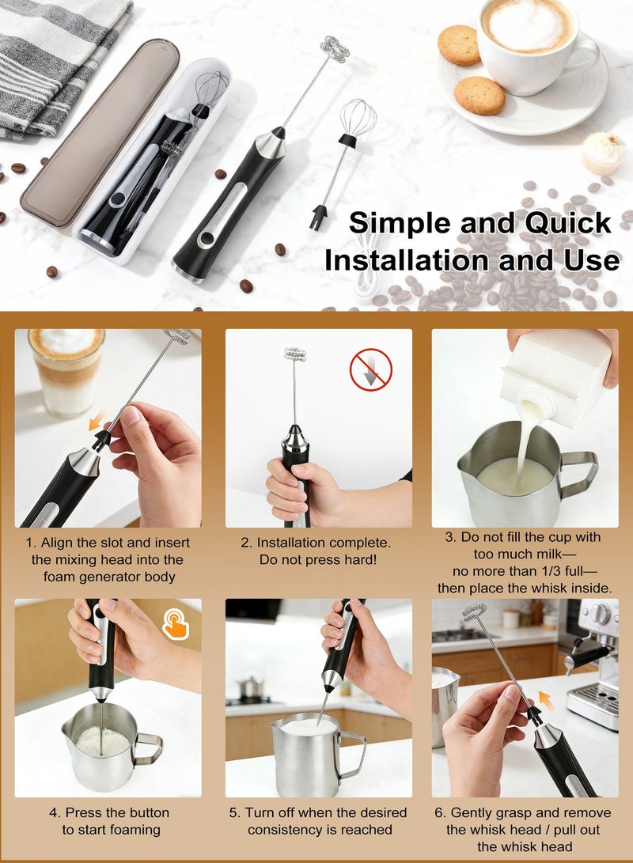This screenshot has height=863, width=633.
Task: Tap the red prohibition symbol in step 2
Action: pos(370,369)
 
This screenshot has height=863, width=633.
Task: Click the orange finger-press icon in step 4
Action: pos(176,623)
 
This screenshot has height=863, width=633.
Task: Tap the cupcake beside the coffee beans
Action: pos(603,153)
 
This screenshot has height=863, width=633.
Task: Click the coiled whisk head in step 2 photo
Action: pos(295,354)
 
